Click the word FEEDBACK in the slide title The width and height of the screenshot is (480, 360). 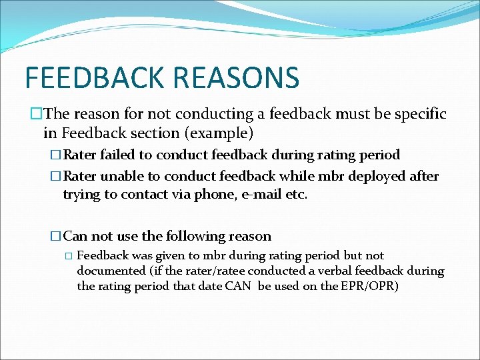(x=95, y=77)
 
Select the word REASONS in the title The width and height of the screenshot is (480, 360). (x=236, y=77)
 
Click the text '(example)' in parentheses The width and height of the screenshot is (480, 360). (x=220, y=133)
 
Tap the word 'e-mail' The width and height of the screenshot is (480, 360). (x=262, y=195)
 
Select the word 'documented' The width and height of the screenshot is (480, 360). (x=109, y=271)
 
